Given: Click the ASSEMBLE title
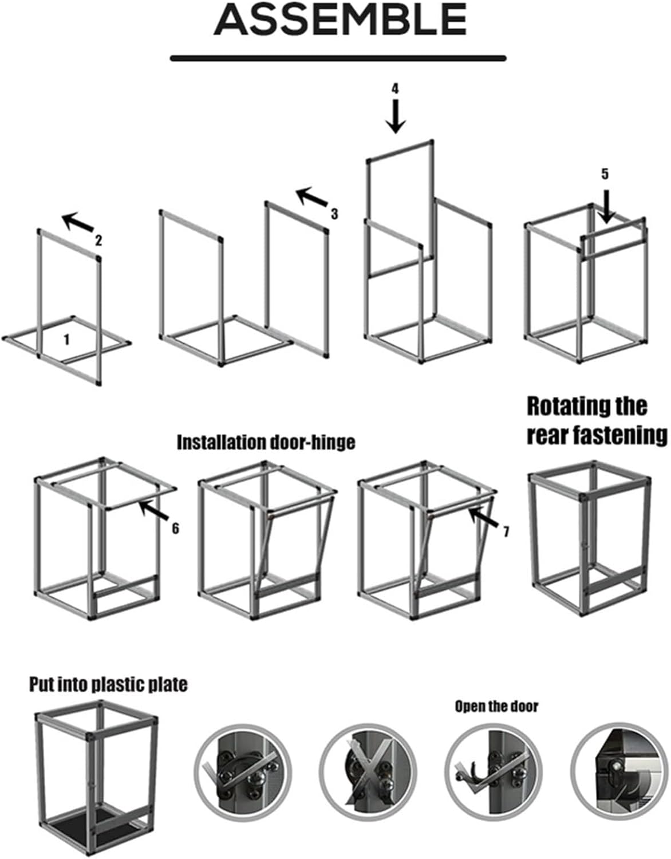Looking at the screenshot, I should [x=340, y=19].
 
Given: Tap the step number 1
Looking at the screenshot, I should [x=66, y=340].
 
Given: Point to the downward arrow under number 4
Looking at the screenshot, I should [x=395, y=116].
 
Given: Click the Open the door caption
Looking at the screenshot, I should [x=496, y=706].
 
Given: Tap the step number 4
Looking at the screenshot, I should [x=395, y=88].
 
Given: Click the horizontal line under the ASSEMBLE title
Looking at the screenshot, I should [x=338, y=58].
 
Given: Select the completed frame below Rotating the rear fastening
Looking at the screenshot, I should [x=590, y=538].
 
